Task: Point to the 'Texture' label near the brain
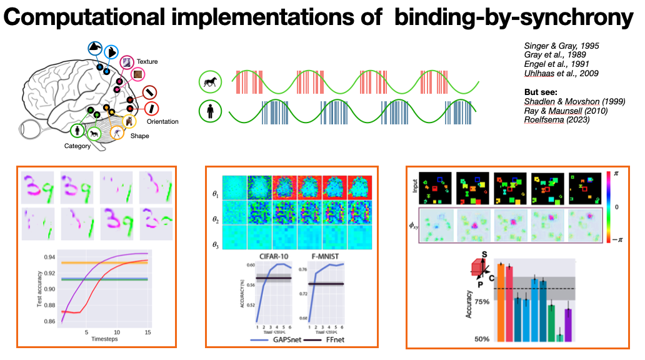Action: coord(148,62)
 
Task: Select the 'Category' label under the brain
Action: coord(77,146)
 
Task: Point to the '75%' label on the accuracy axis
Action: coord(482,301)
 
